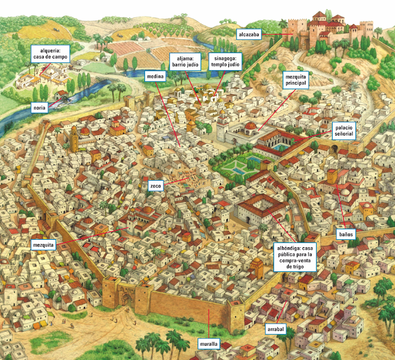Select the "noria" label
39,108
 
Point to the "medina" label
154,76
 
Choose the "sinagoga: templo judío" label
224,60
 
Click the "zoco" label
155,184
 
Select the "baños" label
345,235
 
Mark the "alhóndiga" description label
294,258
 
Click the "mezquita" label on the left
43,245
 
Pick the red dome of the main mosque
250,126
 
